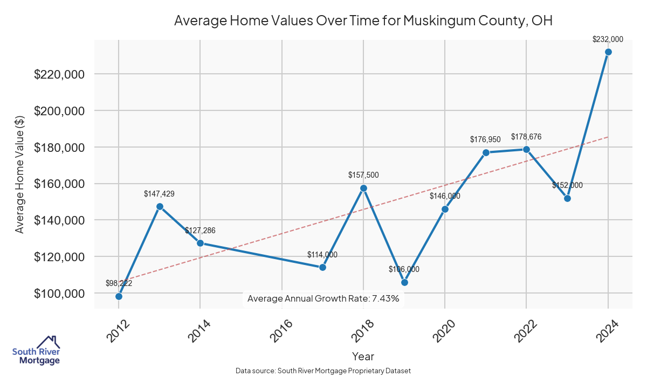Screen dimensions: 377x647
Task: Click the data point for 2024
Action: pyautogui.click(x=608, y=52)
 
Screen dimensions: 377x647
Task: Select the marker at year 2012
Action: pyautogui.click(x=119, y=296)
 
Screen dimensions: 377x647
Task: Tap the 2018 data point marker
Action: pyautogui.click(x=363, y=188)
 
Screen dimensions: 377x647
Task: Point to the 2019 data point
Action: pyautogui.click(x=404, y=282)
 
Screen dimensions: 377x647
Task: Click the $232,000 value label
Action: pyautogui.click(x=608, y=39)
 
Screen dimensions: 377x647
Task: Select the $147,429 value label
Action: pyautogui.click(x=159, y=193)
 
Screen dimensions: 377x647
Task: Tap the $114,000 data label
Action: pyautogui.click(x=322, y=255)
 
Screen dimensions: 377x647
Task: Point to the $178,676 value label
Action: pyautogui.click(x=526, y=137)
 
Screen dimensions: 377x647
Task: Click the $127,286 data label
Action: pyautogui.click(x=200, y=231)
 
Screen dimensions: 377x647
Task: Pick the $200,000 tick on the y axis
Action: pyautogui.click(x=59, y=111)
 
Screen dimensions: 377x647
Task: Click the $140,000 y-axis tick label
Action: pyautogui.click(x=59, y=220)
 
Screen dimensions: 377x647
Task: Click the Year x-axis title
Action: pyautogui.click(x=363, y=356)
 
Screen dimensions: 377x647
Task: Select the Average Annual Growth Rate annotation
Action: pyautogui.click(x=323, y=298)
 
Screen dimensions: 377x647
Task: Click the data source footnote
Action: pyautogui.click(x=323, y=371)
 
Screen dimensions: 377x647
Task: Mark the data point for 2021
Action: pyautogui.click(x=486, y=152)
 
